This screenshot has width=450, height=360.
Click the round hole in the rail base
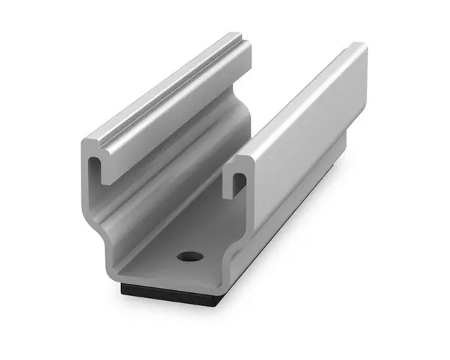click(x=189, y=256)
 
